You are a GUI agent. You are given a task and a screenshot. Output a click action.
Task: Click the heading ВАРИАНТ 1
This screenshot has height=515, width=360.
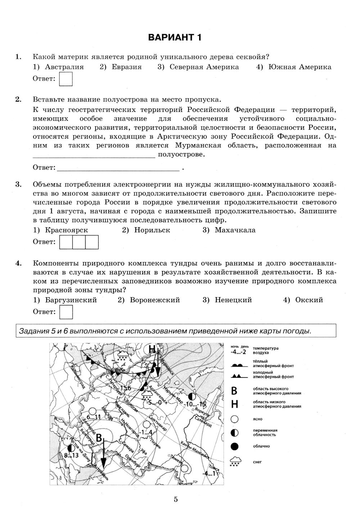175,37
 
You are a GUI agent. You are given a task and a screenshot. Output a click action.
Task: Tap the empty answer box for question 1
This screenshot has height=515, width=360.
66,79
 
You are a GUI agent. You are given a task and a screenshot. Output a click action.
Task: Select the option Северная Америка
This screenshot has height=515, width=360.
204,67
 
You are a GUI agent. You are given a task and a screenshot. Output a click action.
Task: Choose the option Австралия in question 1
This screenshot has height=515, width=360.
64,67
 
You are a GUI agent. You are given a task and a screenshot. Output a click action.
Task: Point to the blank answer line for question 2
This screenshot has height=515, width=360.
118,168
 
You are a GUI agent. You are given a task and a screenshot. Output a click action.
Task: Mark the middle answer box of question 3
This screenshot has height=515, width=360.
79,242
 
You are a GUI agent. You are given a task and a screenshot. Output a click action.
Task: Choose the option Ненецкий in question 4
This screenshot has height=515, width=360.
233,300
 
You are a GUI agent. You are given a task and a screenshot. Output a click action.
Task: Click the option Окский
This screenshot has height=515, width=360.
309,300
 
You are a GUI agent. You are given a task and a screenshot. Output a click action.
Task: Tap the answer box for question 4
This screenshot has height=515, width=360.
66,312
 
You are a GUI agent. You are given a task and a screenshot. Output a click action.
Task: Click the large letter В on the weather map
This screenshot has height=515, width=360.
99,438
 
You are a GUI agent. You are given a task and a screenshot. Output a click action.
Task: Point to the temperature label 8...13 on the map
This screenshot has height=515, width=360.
71,455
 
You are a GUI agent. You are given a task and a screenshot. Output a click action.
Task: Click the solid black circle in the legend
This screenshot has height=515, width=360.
235,447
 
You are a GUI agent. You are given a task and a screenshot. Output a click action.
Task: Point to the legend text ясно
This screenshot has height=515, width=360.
258,419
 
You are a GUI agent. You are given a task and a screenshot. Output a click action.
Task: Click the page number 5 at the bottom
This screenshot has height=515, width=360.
176,499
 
